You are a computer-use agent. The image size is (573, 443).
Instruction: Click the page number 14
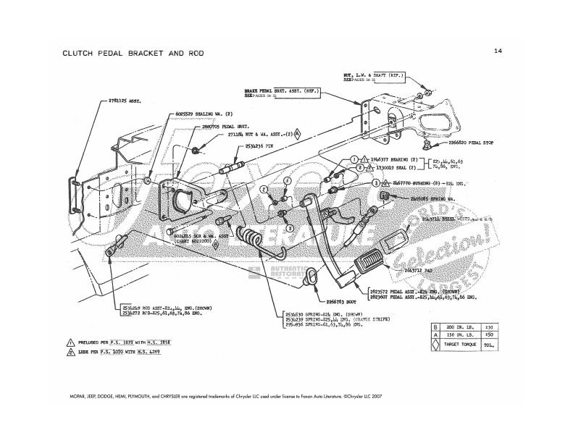(x=498, y=51)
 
